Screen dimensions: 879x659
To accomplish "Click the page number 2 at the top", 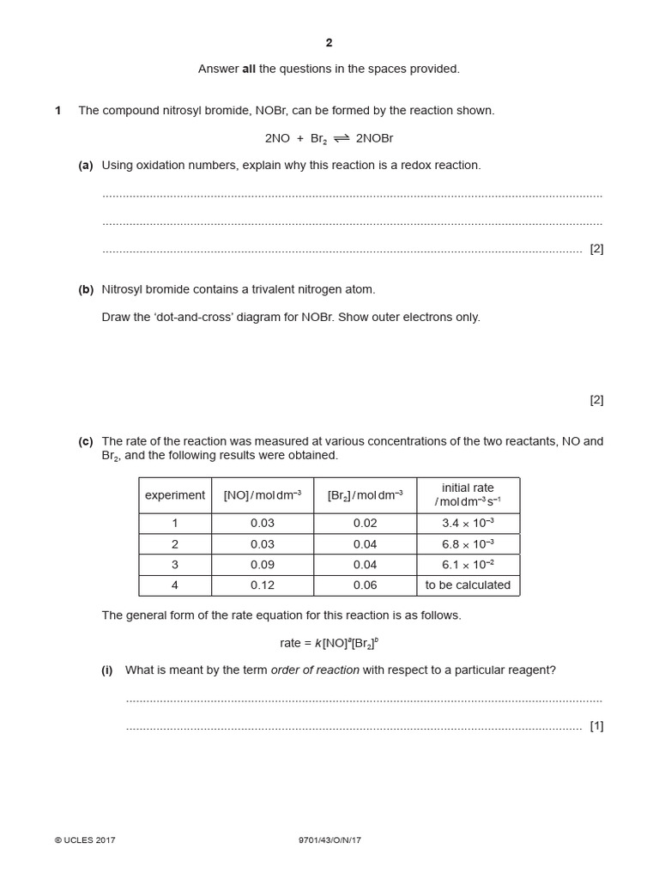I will (329, 43).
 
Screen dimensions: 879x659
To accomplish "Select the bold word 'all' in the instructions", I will (247, 69).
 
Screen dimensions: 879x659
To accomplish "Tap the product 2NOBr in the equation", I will (375, 138).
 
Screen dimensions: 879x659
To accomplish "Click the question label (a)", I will (86, 165).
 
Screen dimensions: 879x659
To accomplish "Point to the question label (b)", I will (86, 289).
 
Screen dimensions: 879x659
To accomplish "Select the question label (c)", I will (86, 441).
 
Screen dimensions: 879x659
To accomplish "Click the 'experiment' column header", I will (175, 495).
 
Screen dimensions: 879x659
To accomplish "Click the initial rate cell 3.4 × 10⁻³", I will (468, 524).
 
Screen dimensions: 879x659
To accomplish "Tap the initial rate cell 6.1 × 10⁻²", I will (468, 565).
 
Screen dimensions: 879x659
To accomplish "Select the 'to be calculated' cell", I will (468, 585).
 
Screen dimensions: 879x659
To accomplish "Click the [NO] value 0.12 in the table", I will (263, 585).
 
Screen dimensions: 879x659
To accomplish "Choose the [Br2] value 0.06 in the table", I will (366, 585).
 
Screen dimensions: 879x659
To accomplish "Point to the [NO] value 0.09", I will (263, 565).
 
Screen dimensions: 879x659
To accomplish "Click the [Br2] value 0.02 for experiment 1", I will (366, 524).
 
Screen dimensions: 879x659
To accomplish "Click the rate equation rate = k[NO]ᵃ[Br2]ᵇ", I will (329, 642).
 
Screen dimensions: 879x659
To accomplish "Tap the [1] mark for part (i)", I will (596, 726).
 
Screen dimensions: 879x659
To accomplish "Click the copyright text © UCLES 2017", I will (85, 840).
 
